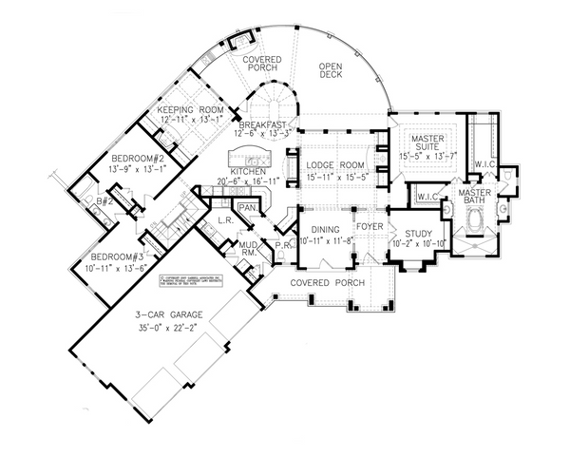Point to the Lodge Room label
click(329, 166)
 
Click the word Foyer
click(370, 227)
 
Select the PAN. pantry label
click(248, 206)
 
